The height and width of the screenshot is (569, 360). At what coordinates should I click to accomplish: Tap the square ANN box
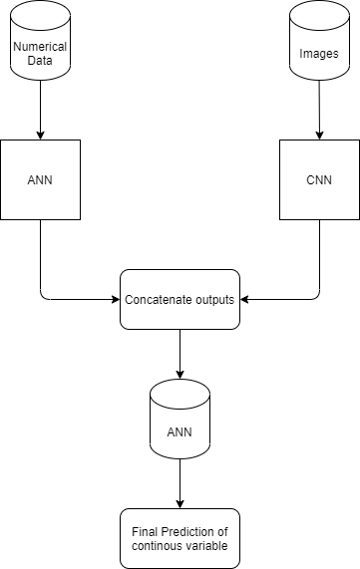tap(40, 180)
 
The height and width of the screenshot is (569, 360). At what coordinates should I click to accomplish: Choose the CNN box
tap(319, 180)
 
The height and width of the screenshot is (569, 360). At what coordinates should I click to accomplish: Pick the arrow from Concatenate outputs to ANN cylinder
tap(180, 354)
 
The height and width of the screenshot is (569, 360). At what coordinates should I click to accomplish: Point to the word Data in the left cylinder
tap(40, 61)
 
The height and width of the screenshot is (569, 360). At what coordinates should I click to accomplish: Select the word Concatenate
tap(156, 299)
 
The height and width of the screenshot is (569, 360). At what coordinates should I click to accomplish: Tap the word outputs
tap(213, 299)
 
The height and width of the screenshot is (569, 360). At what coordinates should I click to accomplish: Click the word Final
tap(140, 531)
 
